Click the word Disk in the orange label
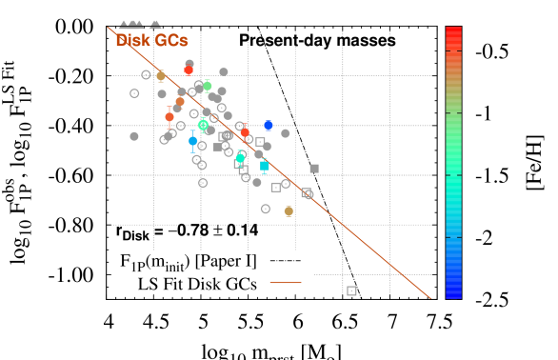[132, 41]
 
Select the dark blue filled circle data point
[269, 125]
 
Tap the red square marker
[189, 70]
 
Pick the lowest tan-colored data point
[289, 211]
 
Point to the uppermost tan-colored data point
[161, 75]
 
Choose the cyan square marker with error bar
[265, 166]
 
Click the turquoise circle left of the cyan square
[240, 159]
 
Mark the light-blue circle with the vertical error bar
[192, 141]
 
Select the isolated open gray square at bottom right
[351, 290]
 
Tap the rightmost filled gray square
[314, 169]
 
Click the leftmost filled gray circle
[134, 136]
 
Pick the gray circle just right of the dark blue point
[286, 133]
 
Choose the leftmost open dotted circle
[134, 93]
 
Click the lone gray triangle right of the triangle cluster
[155, 25]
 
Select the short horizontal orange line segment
[286, 282]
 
